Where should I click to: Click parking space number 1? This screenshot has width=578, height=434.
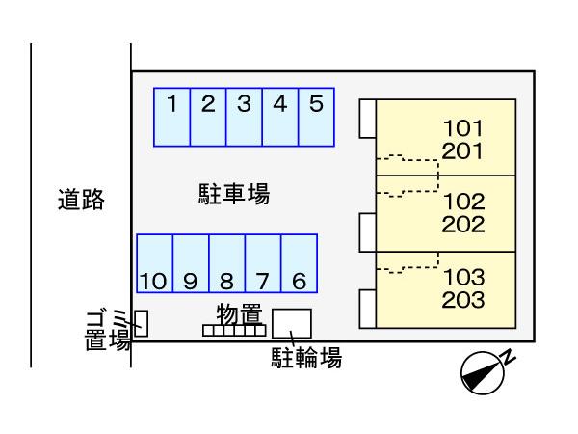point(172,117)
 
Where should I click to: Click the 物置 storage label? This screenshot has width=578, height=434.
point(239,313)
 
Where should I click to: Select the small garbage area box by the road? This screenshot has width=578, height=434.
point(141,323)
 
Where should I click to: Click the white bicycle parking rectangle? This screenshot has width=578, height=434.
point(292,322)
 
